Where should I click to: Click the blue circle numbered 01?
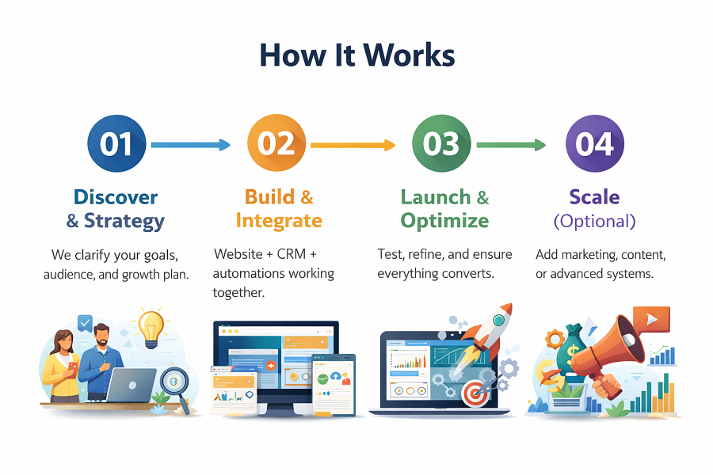(116, 145)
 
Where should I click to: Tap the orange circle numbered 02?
(276, 145)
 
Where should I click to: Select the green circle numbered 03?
(441, 145)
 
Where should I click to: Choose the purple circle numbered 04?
(595, 145)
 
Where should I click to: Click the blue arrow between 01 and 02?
(190, 145)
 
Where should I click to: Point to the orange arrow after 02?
(353, 145)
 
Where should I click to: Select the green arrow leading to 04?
(511, 145)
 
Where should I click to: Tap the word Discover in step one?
(116, 197)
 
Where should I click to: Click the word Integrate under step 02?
(279, 220)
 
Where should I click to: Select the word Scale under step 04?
(594, 197)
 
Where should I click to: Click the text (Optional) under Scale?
(594, 221)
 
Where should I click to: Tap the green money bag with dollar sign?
(570, 348)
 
